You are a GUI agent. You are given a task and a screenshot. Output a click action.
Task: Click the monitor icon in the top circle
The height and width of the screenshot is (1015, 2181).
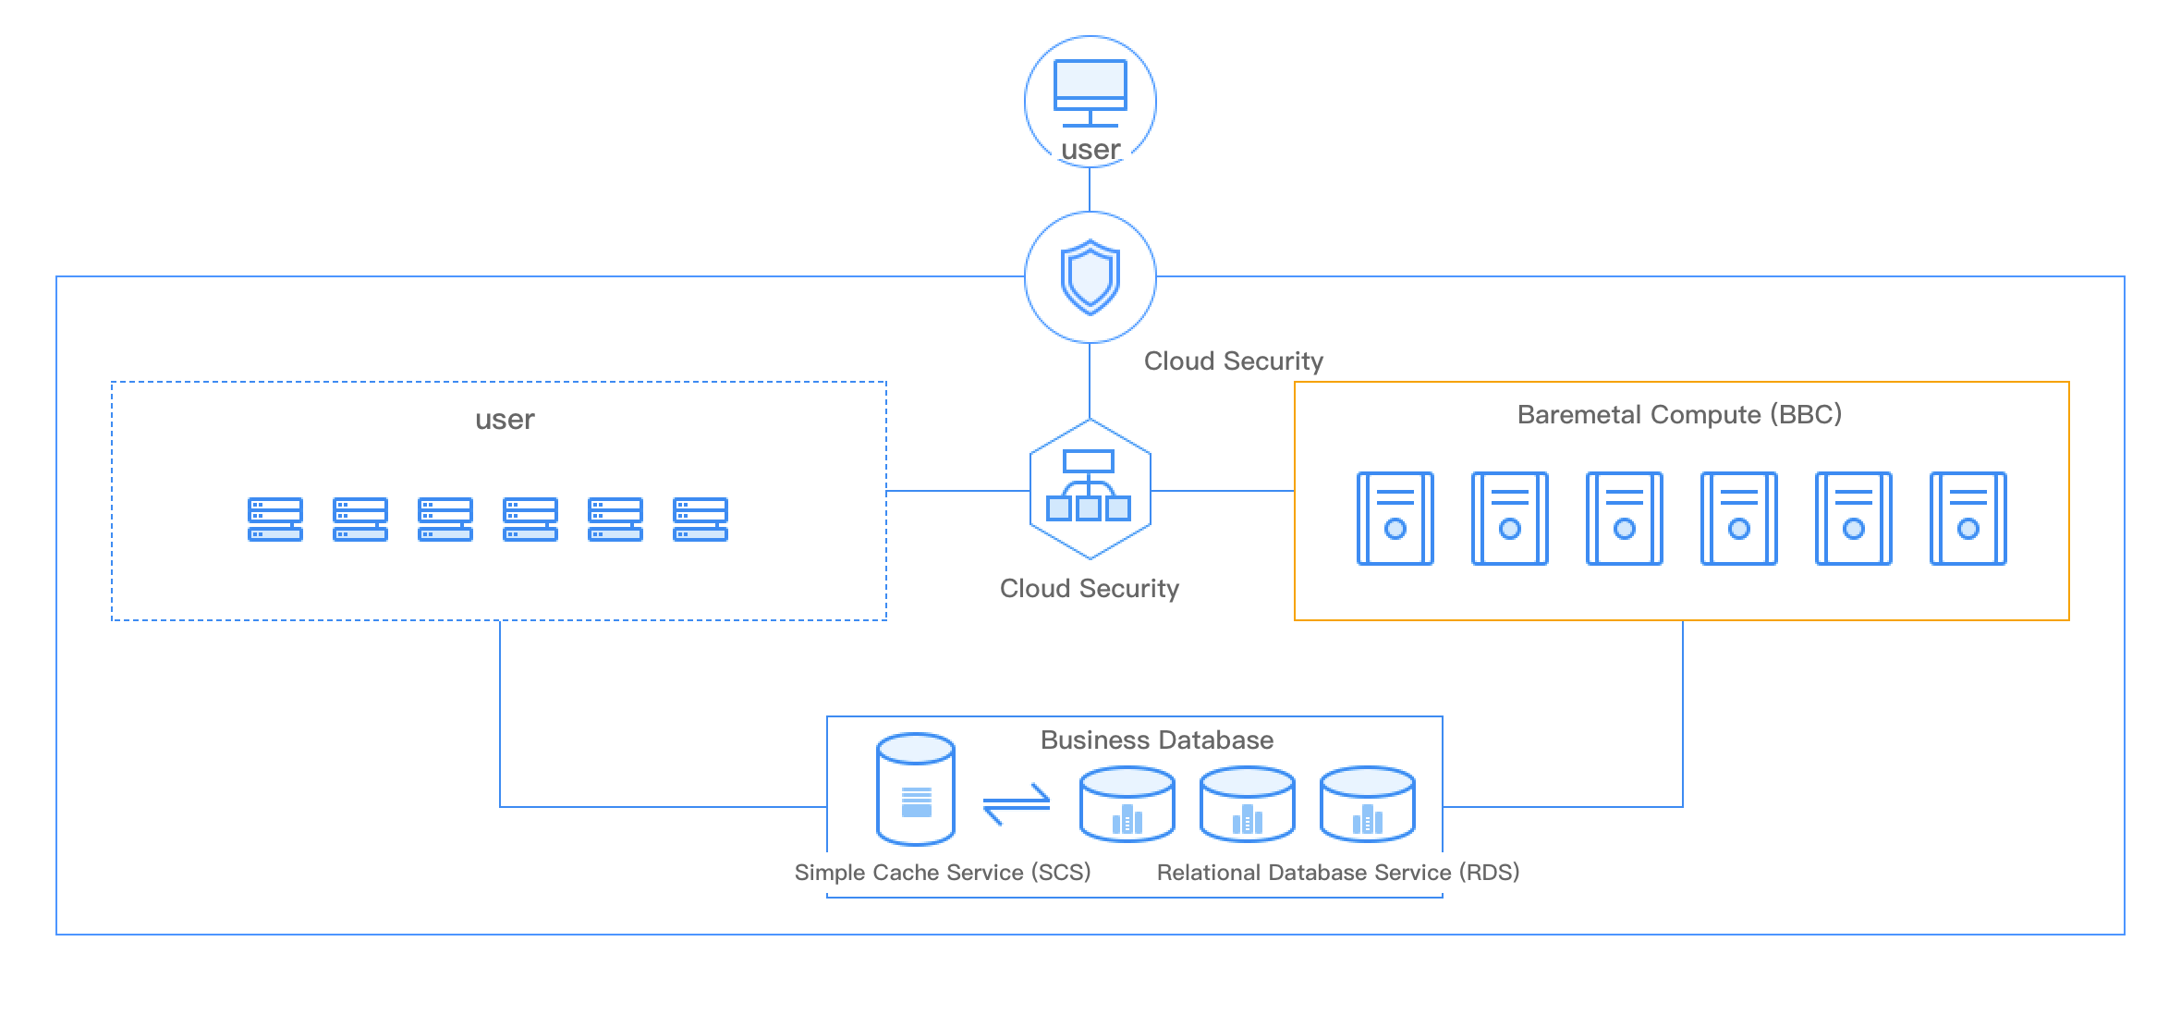click(x=1090, y=92)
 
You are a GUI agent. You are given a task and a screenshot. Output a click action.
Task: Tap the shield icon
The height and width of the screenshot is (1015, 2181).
click(x=1090, y=277)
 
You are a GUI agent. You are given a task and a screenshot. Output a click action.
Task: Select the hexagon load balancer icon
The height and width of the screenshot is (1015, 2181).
click(x=1090, y=489)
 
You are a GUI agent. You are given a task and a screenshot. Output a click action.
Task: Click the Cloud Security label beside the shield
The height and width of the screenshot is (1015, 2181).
click(x=1233, y=361)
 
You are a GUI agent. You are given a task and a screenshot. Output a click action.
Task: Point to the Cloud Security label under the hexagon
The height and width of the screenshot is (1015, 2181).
click(x=1089, y=589)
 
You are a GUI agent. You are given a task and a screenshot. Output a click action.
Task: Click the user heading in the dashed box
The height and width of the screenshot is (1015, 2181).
click(x=505, y=420)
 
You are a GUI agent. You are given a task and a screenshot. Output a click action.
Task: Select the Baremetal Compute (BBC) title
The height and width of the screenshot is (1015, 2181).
click(x=1679, y=414)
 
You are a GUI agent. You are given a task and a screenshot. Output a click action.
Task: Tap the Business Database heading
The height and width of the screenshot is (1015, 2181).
click(x=1156, y=740)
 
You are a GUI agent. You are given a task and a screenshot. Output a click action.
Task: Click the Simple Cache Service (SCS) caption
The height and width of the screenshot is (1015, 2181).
click(x=942, y=873)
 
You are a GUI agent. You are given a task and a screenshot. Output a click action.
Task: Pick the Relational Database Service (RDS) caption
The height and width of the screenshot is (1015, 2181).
click(x=1337, y=873)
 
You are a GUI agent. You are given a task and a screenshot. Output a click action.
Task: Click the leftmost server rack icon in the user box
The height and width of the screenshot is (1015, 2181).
click(x=275, y=520)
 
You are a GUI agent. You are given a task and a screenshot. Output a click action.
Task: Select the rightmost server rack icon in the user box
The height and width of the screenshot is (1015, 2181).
click(x=701, y=520)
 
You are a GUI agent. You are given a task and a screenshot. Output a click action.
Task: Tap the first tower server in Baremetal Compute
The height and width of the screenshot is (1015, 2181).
click(x=1395, y=519)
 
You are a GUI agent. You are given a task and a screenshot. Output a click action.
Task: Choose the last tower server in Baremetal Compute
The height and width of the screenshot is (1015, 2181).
click(x=1968, y=519)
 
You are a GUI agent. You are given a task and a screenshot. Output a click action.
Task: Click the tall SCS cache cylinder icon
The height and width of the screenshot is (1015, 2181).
click(x=915, y=789)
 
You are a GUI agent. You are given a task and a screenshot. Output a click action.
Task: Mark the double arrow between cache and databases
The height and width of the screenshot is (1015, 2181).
click(x=1016, y=804)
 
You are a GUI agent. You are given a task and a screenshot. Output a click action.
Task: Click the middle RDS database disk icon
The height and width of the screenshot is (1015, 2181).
click(x=1247, y=804)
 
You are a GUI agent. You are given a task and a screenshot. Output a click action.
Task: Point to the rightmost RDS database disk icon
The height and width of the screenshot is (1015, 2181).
click(x=1367, y=804)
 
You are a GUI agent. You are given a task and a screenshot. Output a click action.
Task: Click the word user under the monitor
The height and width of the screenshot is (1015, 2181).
click(x=1090, y=150)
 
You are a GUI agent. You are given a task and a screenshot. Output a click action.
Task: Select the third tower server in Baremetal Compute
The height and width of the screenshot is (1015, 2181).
click(x=1624, y=519)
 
